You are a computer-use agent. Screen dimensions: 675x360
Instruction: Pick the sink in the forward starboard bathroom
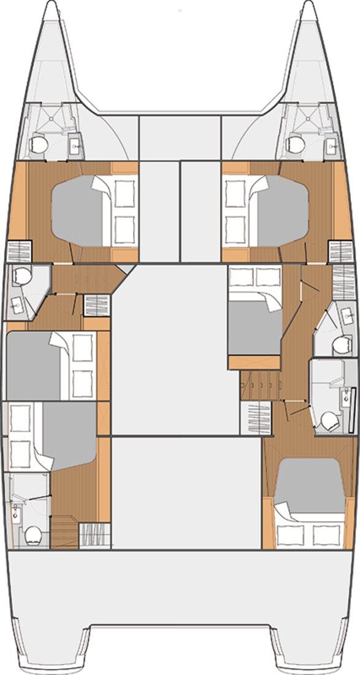331,145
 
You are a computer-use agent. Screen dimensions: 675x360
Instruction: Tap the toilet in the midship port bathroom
23,276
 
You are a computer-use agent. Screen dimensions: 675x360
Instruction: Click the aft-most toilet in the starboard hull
329,420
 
